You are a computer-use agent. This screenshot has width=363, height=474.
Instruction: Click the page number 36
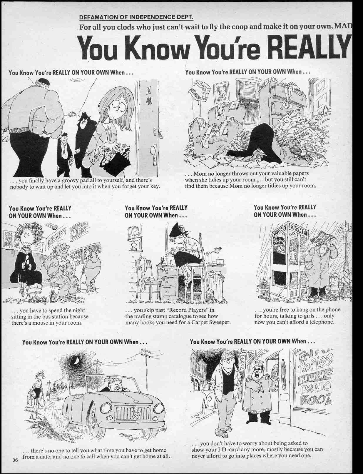pos(15,460)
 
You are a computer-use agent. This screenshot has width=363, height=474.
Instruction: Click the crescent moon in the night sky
pos(76,361)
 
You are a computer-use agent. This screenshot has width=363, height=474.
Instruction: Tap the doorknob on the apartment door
pos(152,150)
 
